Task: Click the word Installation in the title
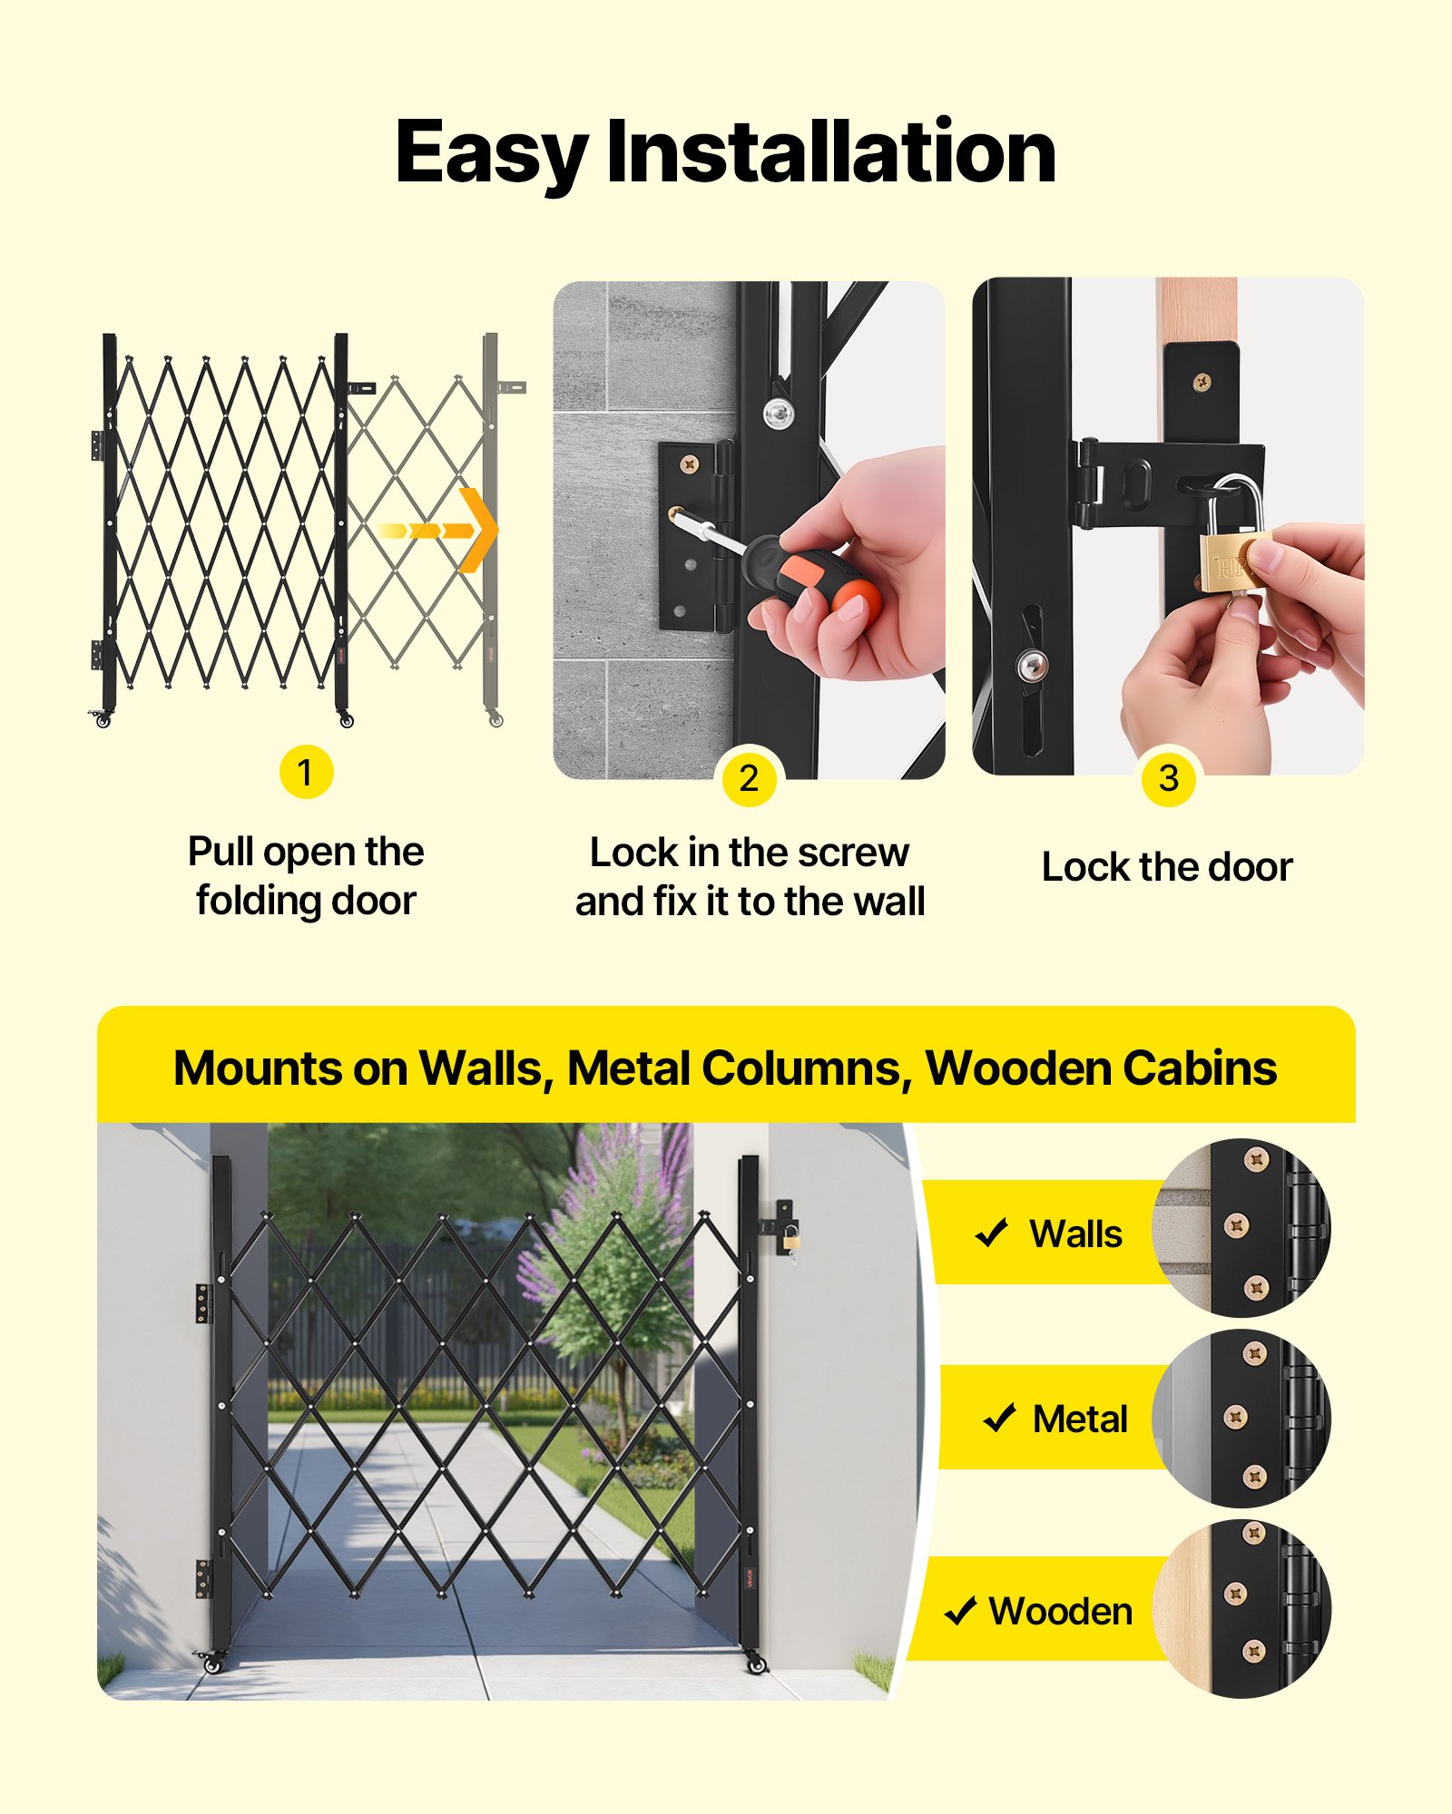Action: click(x=830, y=151)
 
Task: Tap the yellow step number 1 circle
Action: click(x=306, y=772)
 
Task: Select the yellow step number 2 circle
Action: click(x=749, y=778)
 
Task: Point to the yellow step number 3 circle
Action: click(x=1169, y=778)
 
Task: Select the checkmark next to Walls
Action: click(x=991, y=1233)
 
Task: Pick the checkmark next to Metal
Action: click(x=999, y=1418)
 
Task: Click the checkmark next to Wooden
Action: click(x=960, y=1612)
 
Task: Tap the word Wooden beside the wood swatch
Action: click(x=1061, y=1612)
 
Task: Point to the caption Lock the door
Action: click(x=1167, y=867)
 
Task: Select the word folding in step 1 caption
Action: click(x=257, y=901)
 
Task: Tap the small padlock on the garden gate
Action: click(x=791, y=1235)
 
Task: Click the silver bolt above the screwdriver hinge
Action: click(x=779, y=413)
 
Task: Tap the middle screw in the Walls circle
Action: click(x=1237, y=1226)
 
